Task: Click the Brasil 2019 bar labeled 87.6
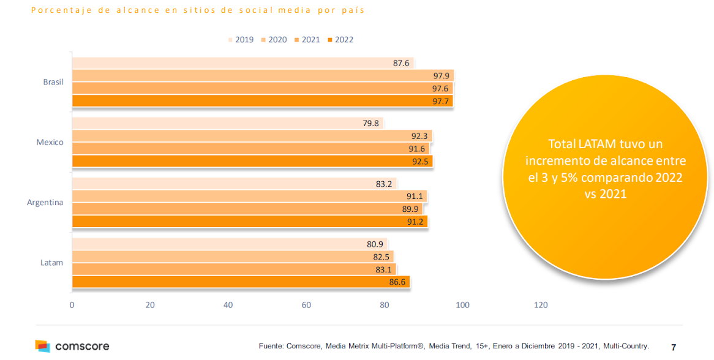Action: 242,63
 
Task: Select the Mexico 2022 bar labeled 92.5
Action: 252,161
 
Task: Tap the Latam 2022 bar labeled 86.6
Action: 240,282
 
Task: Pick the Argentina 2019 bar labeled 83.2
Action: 234,184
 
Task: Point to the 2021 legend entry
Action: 310,40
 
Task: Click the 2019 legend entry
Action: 242,40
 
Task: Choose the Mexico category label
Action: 50,142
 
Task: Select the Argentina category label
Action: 45,202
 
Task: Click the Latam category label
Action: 52,263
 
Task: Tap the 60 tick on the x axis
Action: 306,305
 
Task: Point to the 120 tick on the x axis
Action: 541,305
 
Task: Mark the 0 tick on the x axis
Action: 72,305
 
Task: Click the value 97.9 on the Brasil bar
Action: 441,76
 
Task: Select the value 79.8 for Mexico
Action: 370,124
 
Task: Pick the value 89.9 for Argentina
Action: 410,209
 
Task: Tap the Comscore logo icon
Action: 42,346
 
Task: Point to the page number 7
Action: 674,347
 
